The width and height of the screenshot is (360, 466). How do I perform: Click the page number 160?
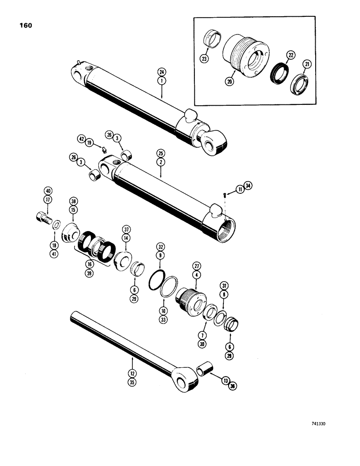pyautogui.click(x=26, y=26)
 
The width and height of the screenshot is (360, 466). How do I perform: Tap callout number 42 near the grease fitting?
pyautogui.click(x=81, y=139)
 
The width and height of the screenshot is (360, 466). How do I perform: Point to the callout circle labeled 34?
pyautogui.click(x=248, y=188)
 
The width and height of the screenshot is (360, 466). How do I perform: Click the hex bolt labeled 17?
pyautogui.click(x=42, y=218)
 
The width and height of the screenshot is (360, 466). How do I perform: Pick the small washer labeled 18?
pyautogui.click(x=56, y=225)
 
